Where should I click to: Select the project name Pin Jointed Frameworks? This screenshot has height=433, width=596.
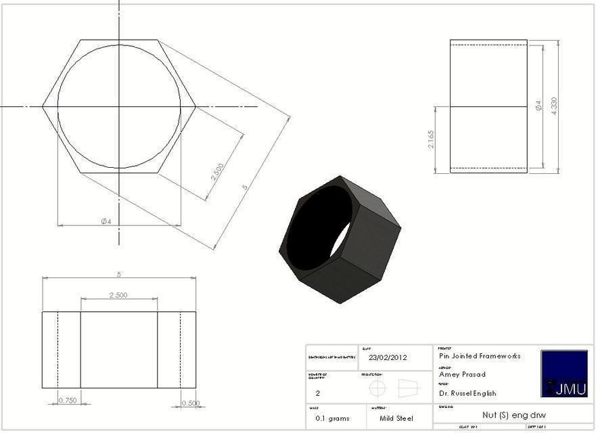[x=480, y=356]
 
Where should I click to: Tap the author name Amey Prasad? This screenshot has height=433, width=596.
[x=463, y=374]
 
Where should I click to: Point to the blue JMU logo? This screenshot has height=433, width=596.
[x=564, y=373]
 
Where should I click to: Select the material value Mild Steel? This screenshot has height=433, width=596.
[x=396, y=418]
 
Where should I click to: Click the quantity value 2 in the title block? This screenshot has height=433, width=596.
[x=318, y=392]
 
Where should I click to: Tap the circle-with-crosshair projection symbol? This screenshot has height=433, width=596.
[x=377, y=388]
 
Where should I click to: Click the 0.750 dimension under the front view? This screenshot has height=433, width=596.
[x=68, y=400]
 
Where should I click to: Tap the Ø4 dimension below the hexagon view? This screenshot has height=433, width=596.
[x=106, y=221]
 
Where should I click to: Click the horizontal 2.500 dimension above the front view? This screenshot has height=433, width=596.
[x=118, y=295]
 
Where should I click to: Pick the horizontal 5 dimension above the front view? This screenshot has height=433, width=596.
[x=119, y=274]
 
